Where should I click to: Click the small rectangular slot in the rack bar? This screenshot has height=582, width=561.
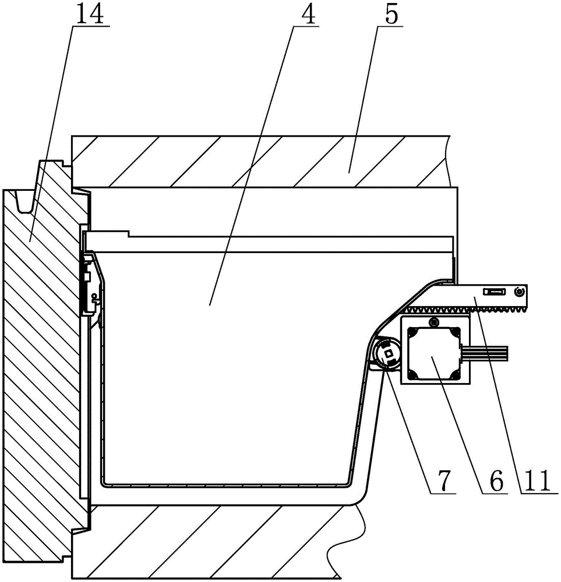tap(496, 290)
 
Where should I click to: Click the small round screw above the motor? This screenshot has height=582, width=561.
tap(432, 322)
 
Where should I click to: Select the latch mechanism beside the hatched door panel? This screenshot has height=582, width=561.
tap(91, 285)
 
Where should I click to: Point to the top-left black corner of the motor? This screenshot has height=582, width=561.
tap(411, 332)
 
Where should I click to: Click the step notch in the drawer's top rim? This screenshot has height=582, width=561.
tap(129, 234)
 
